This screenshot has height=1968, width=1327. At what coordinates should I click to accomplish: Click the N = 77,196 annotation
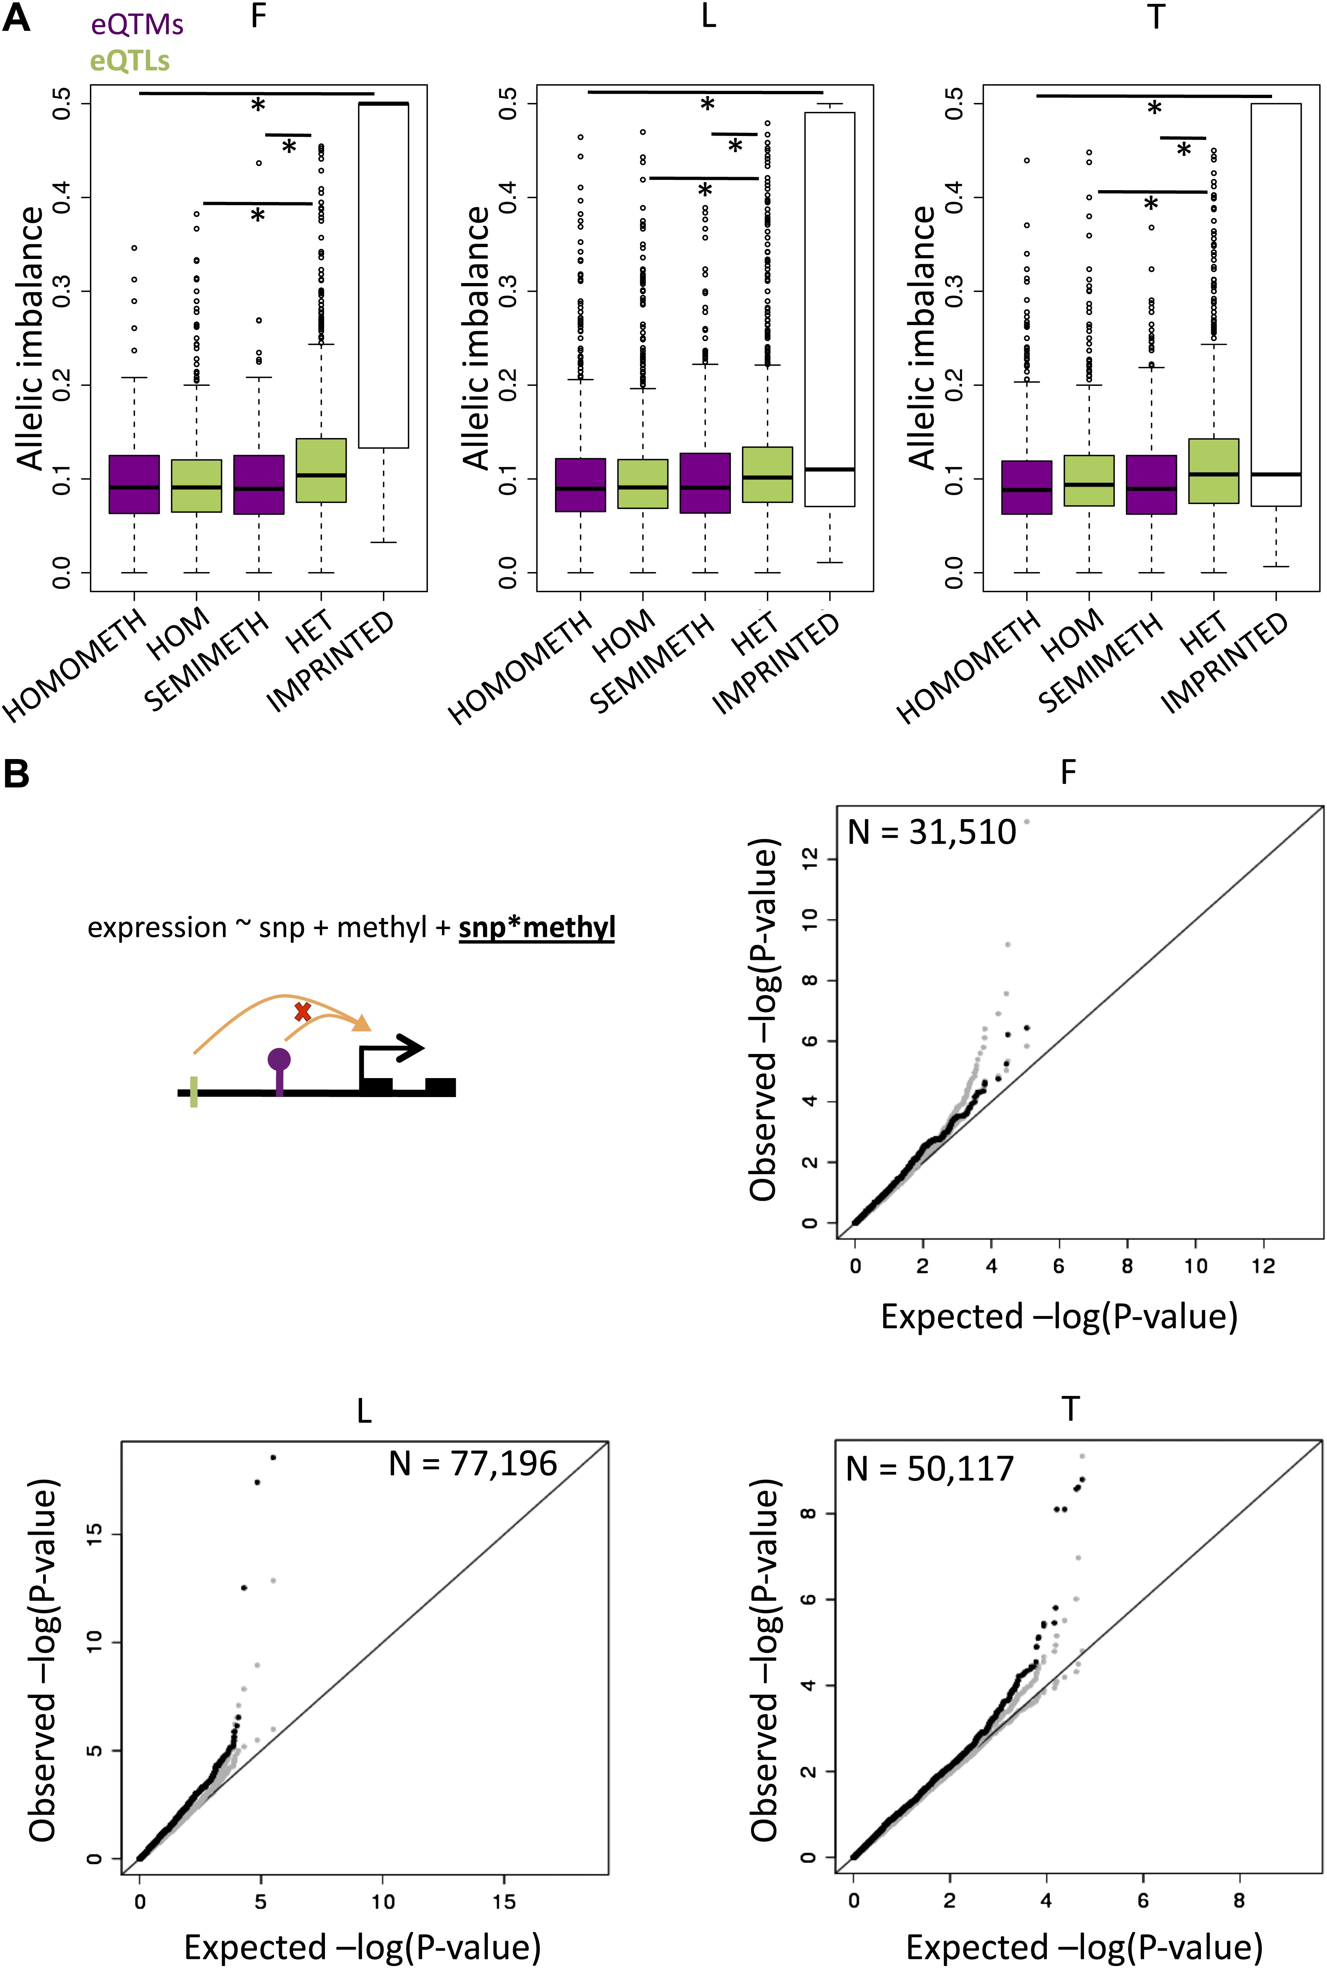tap(473, 1464)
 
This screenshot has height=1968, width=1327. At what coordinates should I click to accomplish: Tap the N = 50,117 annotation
tap(929, 1469)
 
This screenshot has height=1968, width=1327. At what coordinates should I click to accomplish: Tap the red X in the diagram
tap(302, 1012)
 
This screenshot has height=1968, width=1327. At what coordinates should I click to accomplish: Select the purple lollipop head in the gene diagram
tap(279, 1059)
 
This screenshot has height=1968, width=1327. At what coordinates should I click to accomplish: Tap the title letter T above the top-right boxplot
tap(1156, 17)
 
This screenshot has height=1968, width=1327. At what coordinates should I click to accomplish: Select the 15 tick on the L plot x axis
tap(504, 1902)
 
